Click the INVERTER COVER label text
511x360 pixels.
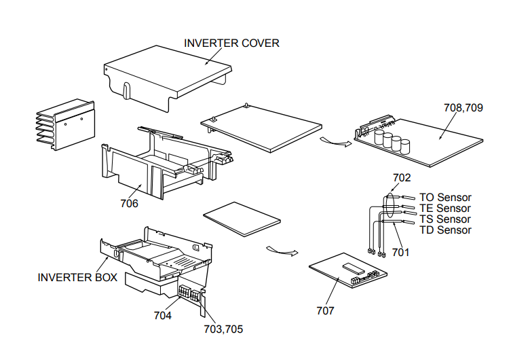coord(231,43)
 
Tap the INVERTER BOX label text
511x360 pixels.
coord(77,277)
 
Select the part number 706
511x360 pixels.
coord(130,203)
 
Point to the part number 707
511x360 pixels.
coord(325,311)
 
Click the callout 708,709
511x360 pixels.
coord(463,107)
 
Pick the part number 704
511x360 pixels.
coord(163,315)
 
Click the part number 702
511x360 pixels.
coord(402,178)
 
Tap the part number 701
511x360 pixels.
coord(400,253)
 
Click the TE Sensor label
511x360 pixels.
coord(444,208)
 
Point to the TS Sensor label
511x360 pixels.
coord(444,219)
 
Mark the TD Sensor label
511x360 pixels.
coord(444,230)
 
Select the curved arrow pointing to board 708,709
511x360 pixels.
coord(336,142)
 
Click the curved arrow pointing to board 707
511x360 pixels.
coord(282,251)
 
